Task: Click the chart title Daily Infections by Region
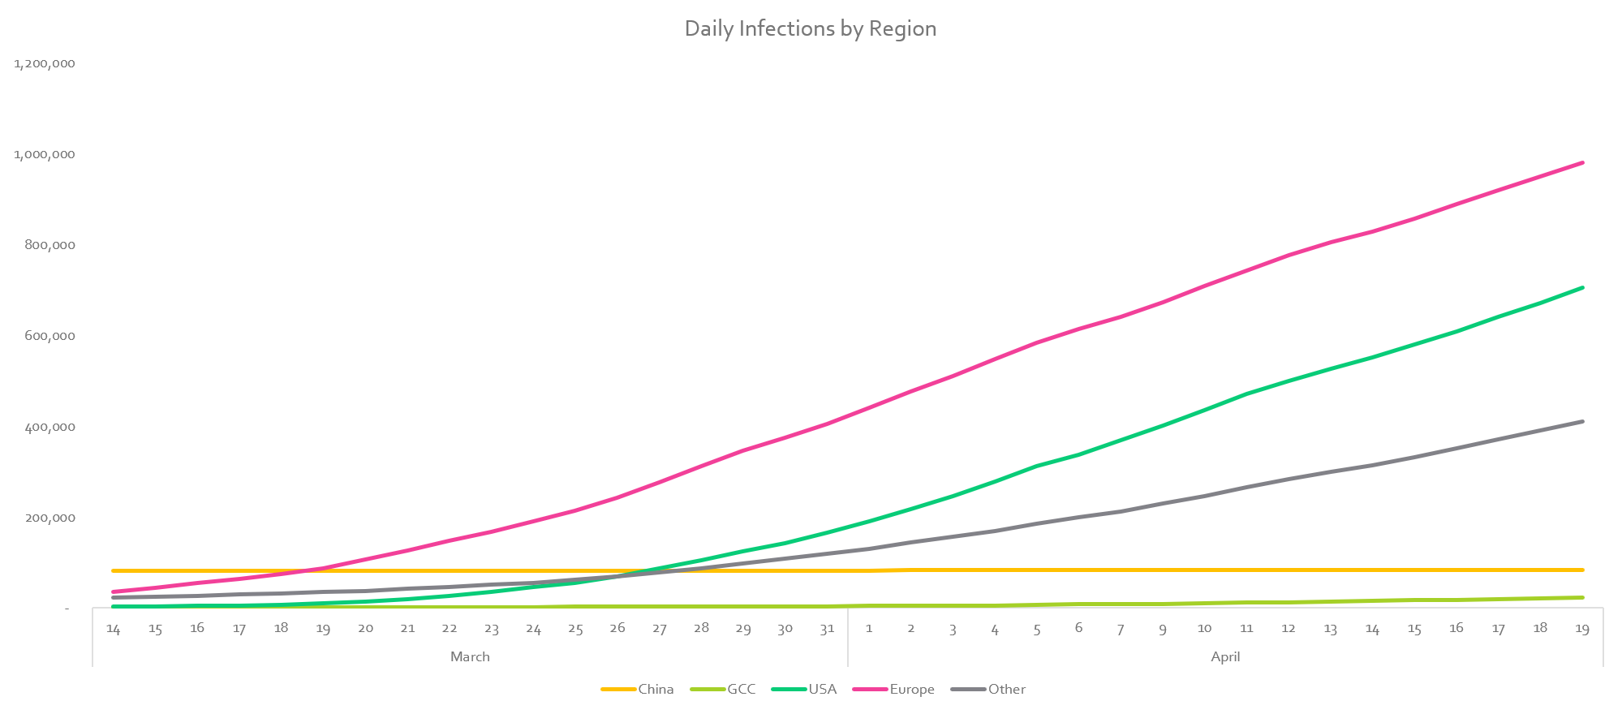810,28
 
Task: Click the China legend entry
655,689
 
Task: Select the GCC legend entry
741,689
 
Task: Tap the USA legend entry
822,689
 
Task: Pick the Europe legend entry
911,689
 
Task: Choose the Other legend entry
1006,689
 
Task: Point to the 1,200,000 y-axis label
45,63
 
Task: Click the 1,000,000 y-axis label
45,154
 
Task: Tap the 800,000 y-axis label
49,245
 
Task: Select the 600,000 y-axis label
49,336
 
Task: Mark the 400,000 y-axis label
49,427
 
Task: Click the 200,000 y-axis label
49,518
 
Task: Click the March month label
470,656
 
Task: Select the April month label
1225,656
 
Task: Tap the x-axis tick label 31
827,628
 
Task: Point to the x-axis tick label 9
1163,628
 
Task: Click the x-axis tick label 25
575,628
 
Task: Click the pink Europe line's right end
1582,163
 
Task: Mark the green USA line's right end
1582,287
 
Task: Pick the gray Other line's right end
1582,422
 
